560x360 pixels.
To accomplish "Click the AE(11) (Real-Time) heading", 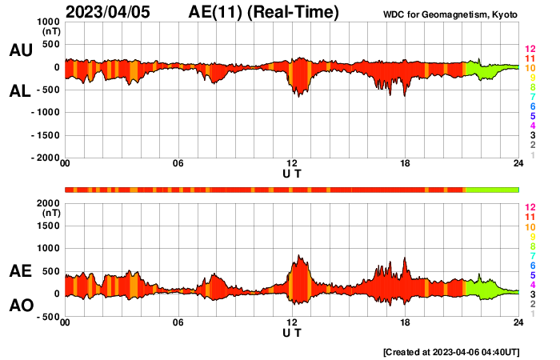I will tap(264, 12).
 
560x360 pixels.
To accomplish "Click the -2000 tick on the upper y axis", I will tap(45, 158).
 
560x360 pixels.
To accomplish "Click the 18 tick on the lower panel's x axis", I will tap(406, 322).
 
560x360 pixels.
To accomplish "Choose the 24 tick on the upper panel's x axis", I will tap(518, 164).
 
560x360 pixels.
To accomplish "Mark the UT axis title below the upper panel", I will tap(292, 174).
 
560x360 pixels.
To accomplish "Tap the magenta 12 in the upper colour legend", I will tap(530, 49).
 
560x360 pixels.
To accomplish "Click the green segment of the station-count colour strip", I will tap(491, 190).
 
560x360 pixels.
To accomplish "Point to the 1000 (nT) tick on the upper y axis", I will tap(47, 22).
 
